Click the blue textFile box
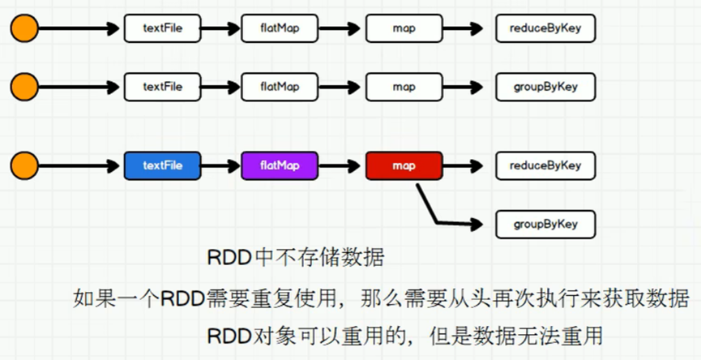point(162,165)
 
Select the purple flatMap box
point(280,165)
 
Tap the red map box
point(404,165)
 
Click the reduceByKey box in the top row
point(545,28)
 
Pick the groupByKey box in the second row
point(545,87)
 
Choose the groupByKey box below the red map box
point(545,224)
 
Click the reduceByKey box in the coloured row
point(545,165)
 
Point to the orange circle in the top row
point(24,28)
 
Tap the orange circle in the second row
point(24,87)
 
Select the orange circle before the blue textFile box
point(24,165)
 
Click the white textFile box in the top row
point(162,28)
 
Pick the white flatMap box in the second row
point(280,87)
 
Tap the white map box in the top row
point(404,28)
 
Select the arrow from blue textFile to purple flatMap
point(221,166)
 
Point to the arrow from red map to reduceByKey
point(464,166)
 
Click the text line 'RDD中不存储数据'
point(296,258)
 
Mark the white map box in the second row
point(404,87)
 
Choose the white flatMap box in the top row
point(280,28)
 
